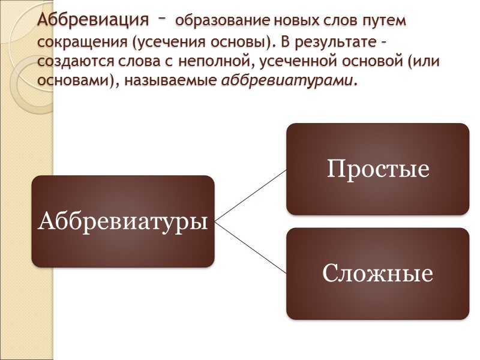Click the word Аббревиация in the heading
click(x=92, y=20)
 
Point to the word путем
click(x=383, y=22)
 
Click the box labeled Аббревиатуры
click(x=123, y=221)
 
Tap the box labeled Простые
click(x=377, y=169)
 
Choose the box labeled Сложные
click(x=377, y=273)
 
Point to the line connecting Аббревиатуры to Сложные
click(x=250, y=247)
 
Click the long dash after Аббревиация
click(x=162, y=19)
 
